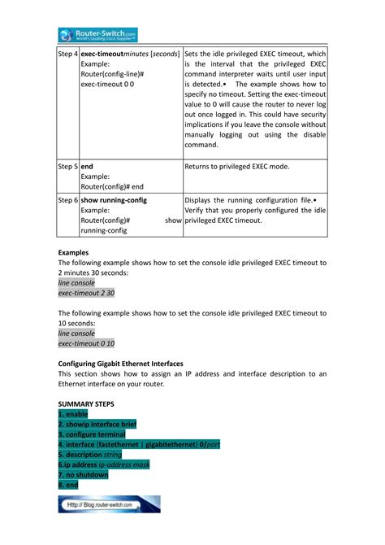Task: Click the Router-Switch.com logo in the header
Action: pos(97,34)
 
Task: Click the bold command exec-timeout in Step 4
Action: pos(106,53)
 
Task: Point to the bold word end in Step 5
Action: pos(87,166)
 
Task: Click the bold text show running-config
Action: pos(114,199)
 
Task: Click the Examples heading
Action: pos(73,252)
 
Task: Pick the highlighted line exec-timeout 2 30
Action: pos(86,292)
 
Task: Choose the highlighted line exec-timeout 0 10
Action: pos(86,343)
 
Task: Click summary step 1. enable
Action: pos(78,414)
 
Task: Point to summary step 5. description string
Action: pos(90,455)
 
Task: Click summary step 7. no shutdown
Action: pos(86,474)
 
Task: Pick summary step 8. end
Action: pos(68,484)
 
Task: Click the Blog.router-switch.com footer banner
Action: pos(109,504)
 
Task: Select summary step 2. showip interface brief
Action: pos(97,425)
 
